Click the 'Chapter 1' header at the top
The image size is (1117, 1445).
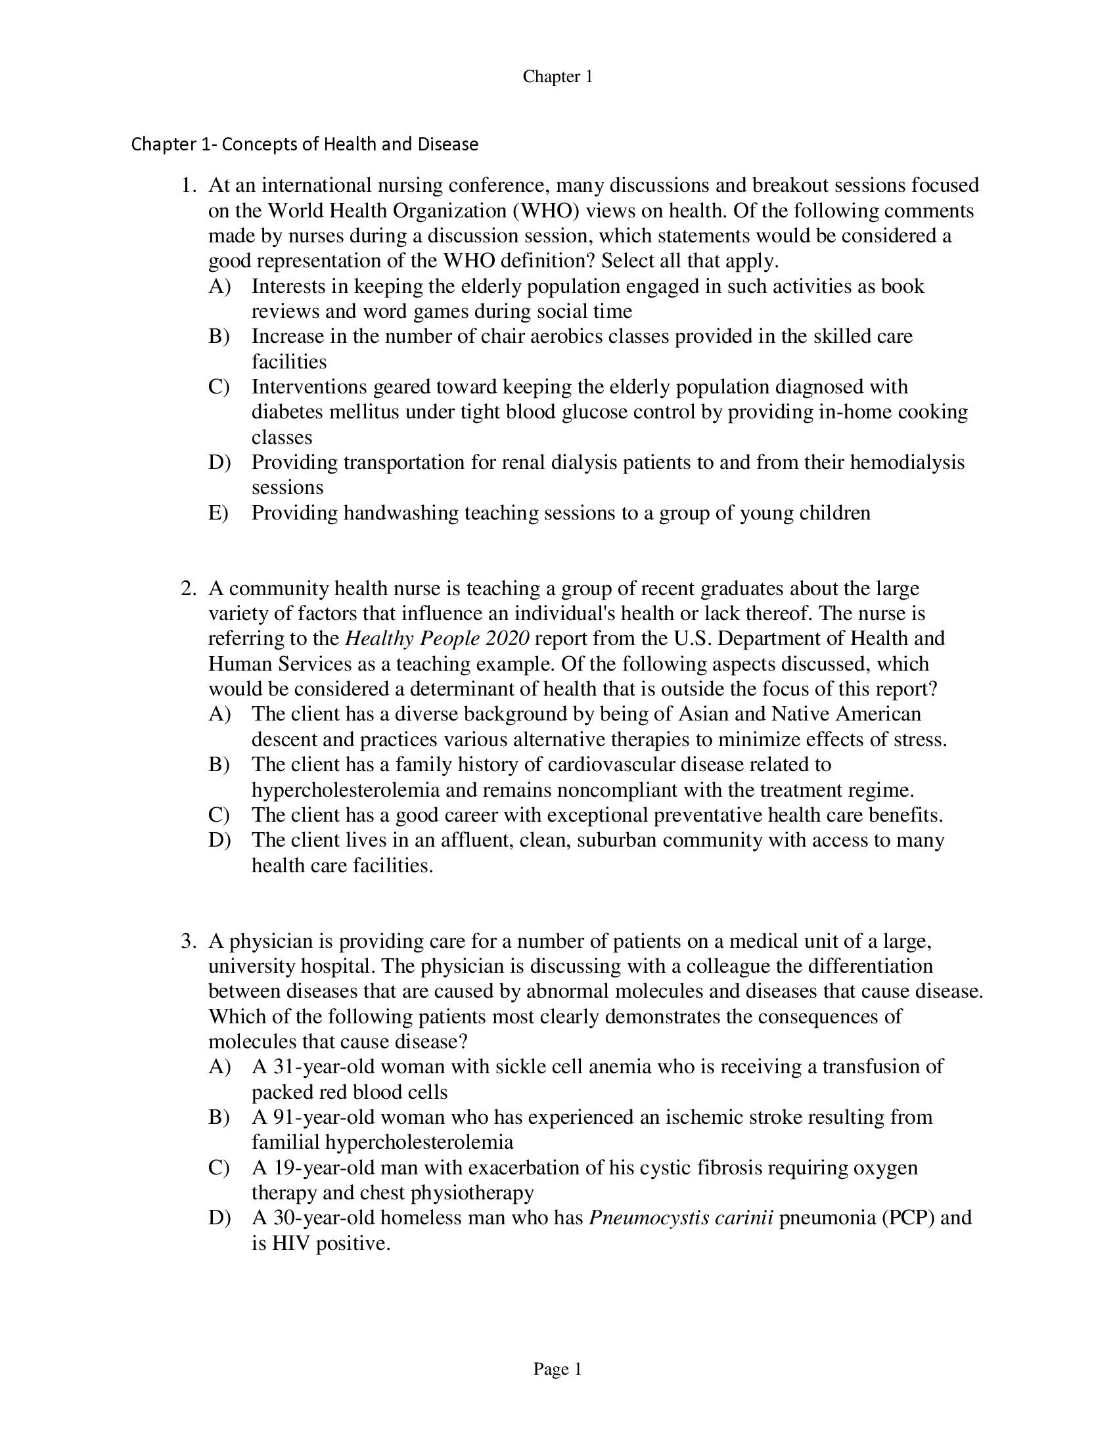pyautogui.click(x=557, y=77)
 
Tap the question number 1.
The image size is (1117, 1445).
pyautogui.click(x=188, y=185)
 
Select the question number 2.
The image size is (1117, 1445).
pyautogui.click(x=188, y=589)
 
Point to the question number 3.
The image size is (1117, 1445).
pyautogui.click(x=188, y=941)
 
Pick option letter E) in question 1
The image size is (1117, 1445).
pyautogui.click(x=218, y=513)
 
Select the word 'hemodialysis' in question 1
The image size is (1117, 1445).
pyautogui.click(x=907, y=462)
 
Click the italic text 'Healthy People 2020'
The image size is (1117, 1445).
pyautogui.click(x=438, y=638)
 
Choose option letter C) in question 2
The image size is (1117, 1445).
pyautogui.click(x=218, y=815)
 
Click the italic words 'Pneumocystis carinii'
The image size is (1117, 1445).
pyautogui.click(x=681, y=1217)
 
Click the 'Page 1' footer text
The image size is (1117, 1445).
pyautogui.click(x=557, y=1369)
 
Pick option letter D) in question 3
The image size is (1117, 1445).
pyautogui.click(x=218, y=1217)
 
